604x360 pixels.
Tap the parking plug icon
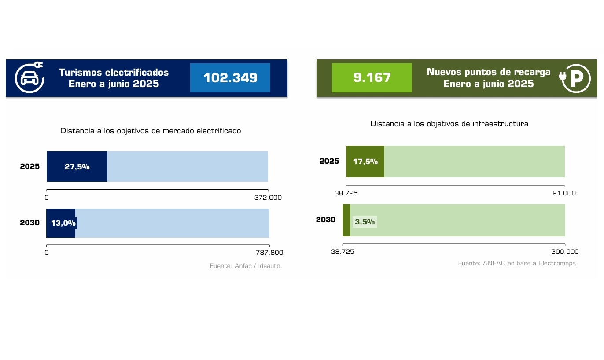[x=575, y=78]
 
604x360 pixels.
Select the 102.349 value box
[x=230, y=78]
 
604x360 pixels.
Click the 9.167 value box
[x=372, y=78]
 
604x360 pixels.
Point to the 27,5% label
[x=77, y=167]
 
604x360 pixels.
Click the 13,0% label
[x=63, y=223]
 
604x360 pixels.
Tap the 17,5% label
[x=365, y=162]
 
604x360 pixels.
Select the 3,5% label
[x=365, y=222]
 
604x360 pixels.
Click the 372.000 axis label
[x=268, y=198]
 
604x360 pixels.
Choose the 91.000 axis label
[x=564, y=193]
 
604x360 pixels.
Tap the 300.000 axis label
[x=565, y=252]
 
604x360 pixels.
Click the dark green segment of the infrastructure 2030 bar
[x=346, y=220]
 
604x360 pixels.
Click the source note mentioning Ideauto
[x=246, y=266]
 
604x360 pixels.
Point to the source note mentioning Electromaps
[x=517, y=263]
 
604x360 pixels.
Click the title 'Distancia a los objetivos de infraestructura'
[x=449, y=124]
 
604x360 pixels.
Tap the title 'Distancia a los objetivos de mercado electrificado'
[x=151, y=131]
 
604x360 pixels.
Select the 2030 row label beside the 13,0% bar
[x=30, y=223]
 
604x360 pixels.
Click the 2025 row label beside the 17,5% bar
[x=329, y=161]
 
